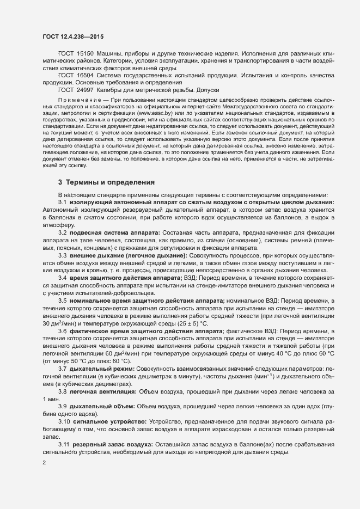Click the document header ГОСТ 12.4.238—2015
click(x=72, y=36)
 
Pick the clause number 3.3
click(x=63, y=255)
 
